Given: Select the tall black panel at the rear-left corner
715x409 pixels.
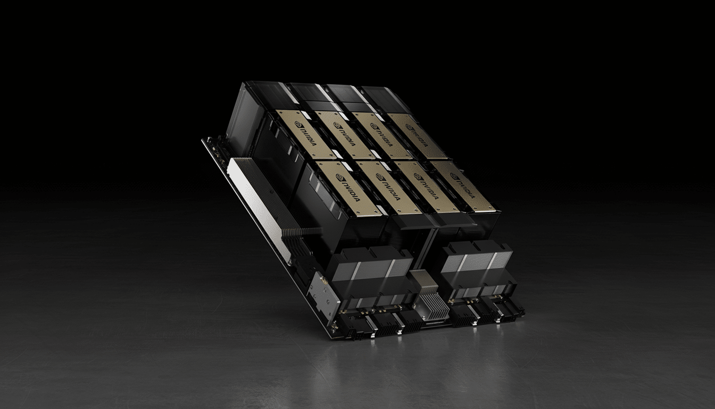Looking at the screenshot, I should click(242, 117).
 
